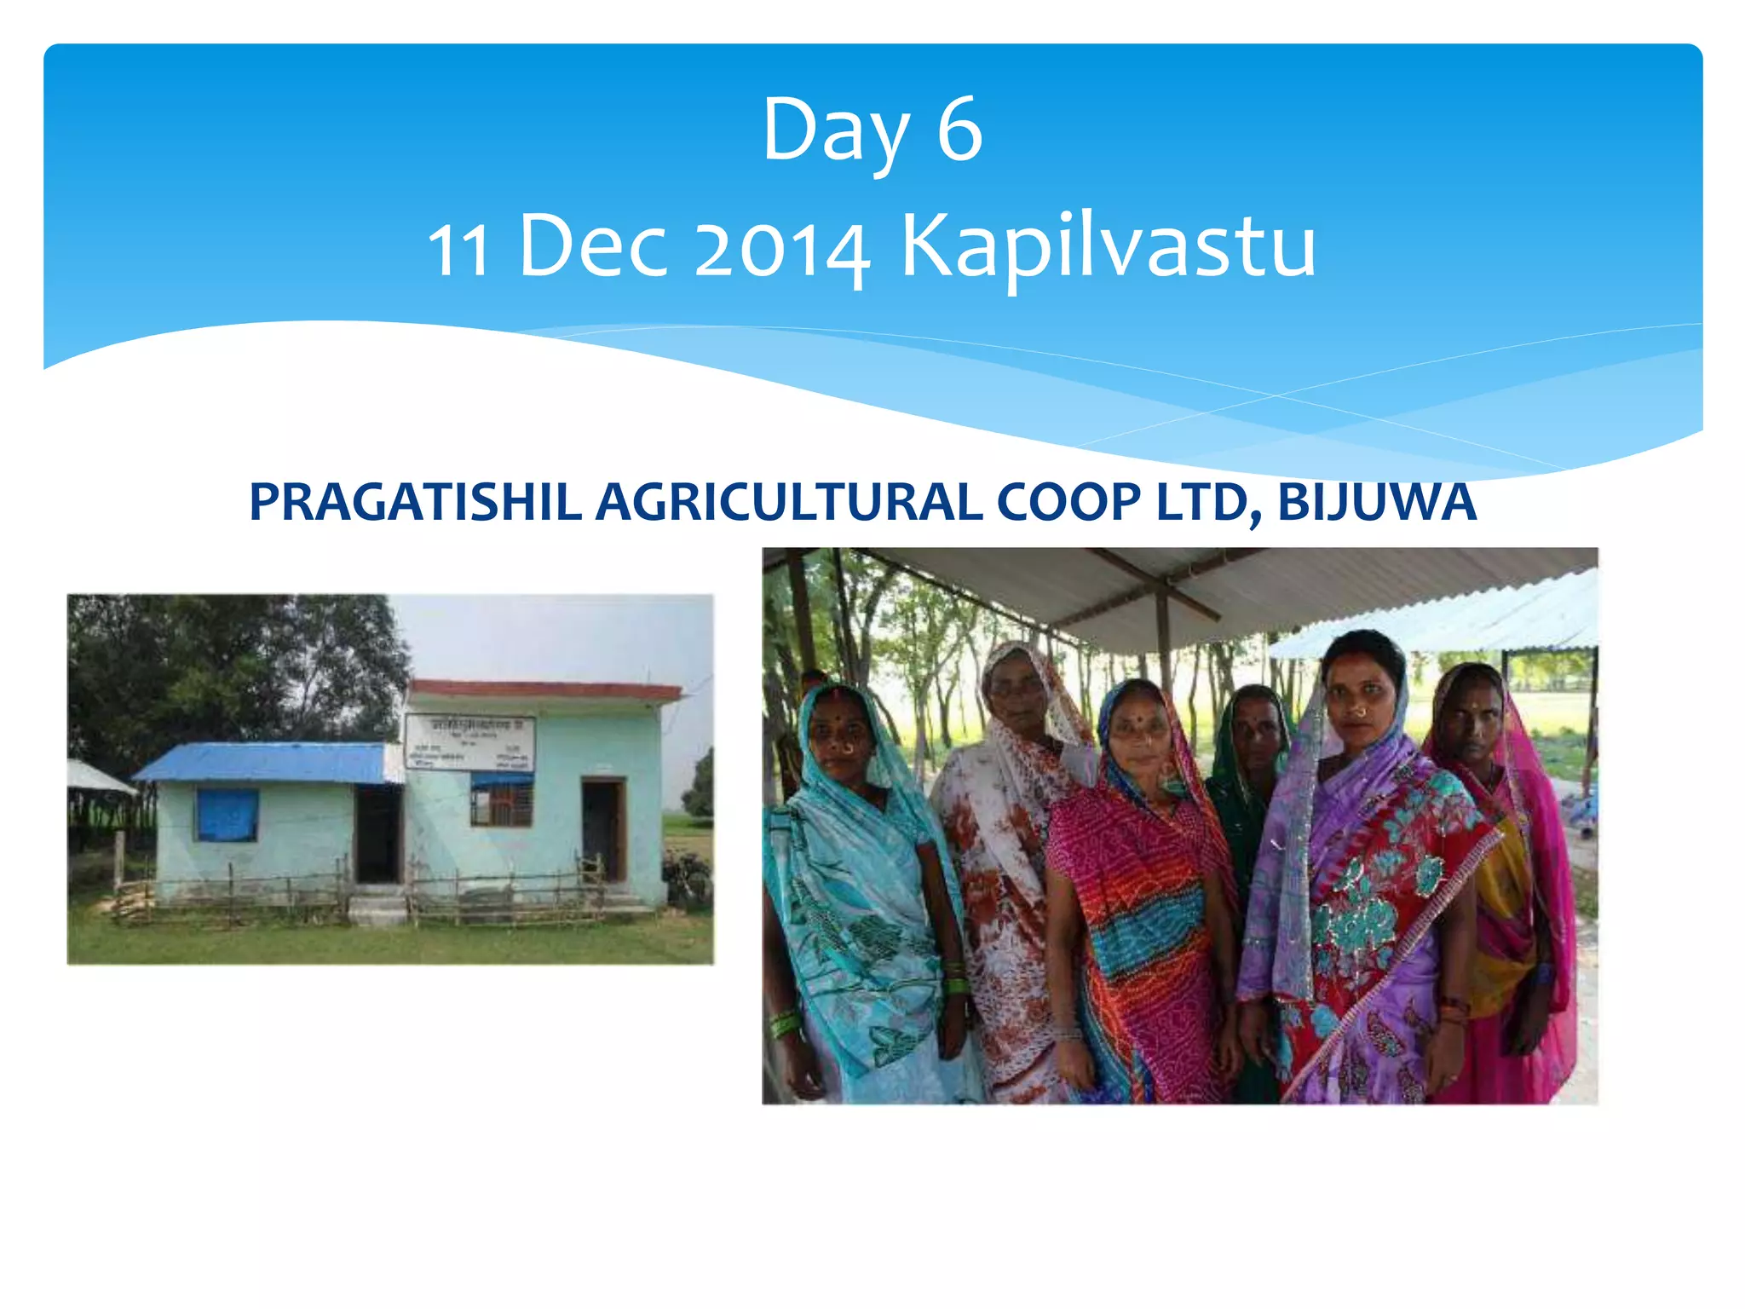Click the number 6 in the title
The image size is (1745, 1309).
pos(959,130)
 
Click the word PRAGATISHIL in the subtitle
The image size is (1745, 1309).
pos(415,502)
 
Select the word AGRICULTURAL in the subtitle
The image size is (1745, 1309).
pos(788,502)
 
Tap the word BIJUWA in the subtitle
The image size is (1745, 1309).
pos(1376,502)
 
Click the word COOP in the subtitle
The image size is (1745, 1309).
pos(1068,502)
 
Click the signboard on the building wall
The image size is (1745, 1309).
pos(469,741)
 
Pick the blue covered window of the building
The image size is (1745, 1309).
pos(227,814)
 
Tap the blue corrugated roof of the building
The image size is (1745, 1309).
pos(264,761)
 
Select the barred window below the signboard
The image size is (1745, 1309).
pos(501,803)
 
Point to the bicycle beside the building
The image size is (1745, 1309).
pos(687,878)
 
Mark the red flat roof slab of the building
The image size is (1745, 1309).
pos(545,688)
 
